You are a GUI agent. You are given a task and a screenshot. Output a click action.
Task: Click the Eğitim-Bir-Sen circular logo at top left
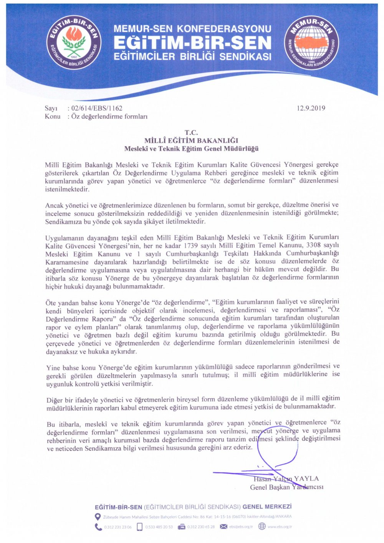(74, 42)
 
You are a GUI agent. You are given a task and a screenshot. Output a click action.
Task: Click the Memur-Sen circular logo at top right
(311, 42)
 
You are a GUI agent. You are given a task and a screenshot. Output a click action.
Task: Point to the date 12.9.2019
(311, 108)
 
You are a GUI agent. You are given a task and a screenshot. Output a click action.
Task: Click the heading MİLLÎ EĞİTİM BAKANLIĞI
(191, 140)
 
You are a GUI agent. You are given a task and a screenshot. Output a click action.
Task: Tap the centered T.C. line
(191, 133)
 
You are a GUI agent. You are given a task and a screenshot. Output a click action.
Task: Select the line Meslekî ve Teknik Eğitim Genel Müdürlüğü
(191, 149)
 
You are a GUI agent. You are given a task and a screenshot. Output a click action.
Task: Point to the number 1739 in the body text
(192, 246)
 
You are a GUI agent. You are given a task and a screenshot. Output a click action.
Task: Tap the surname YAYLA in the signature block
(306, 479)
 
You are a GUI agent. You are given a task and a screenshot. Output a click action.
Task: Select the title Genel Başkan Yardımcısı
(286, 487)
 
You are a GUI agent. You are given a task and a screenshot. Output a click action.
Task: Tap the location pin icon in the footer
(98, 517)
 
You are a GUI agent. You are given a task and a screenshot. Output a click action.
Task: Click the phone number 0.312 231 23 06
(118, 527)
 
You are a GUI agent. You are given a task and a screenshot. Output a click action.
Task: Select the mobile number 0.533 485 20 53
(159, 527)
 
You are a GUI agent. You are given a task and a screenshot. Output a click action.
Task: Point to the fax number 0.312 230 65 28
(201, 527)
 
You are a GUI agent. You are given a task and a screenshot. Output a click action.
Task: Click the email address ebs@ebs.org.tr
(241, 526)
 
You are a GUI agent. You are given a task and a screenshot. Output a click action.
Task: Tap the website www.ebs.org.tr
(280, 526)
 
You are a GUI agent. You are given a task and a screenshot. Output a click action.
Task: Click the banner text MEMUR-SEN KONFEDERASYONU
(192, 29)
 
